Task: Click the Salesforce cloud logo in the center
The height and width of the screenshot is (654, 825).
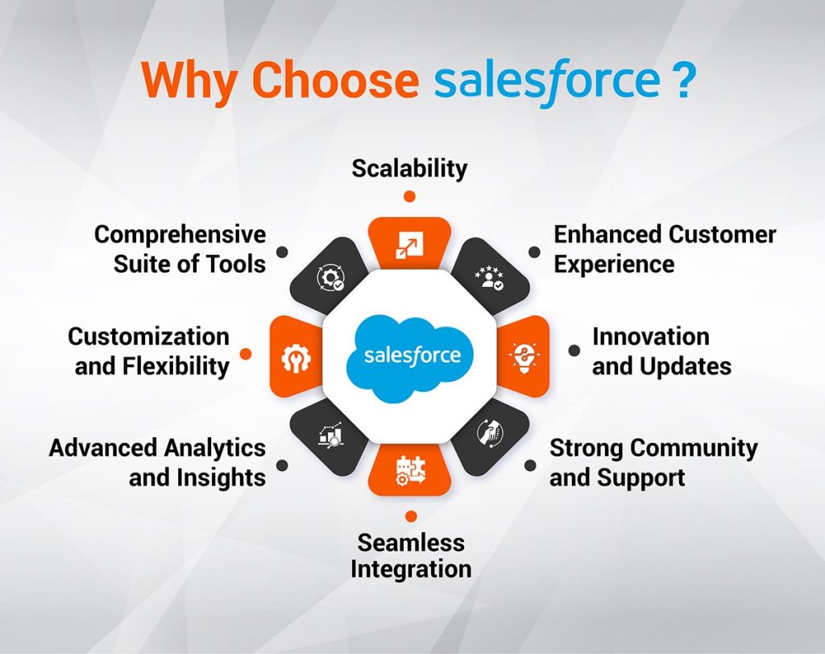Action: pyautogui.click(x=411, y=355)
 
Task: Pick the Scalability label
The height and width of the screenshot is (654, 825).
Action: pyautogui.click(x=410, y=168)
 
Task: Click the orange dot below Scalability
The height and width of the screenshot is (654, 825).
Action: pyautogui.click(x=410, y=196)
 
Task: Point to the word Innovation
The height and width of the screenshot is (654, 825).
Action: pyautogui.click(x=650, y=336)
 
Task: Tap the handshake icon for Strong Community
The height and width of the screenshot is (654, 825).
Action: pyautogui.click(x=488, y=435)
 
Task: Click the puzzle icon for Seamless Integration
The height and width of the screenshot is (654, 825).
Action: pyautogui.click(x=410, y=469)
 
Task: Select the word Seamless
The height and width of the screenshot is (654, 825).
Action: pyautogui.click(x=411, y=541)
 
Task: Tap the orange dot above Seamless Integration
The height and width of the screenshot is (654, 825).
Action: pyautogui.click(x=411, y=516)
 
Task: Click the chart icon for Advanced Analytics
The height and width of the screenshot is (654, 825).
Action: pyautogui.click(x=331, y=435)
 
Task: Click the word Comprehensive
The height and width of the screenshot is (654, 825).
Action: pyautogui.click(x=180, y=235)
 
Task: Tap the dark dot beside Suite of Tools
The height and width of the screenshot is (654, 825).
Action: pyautogui.click(x=282, y=252)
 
